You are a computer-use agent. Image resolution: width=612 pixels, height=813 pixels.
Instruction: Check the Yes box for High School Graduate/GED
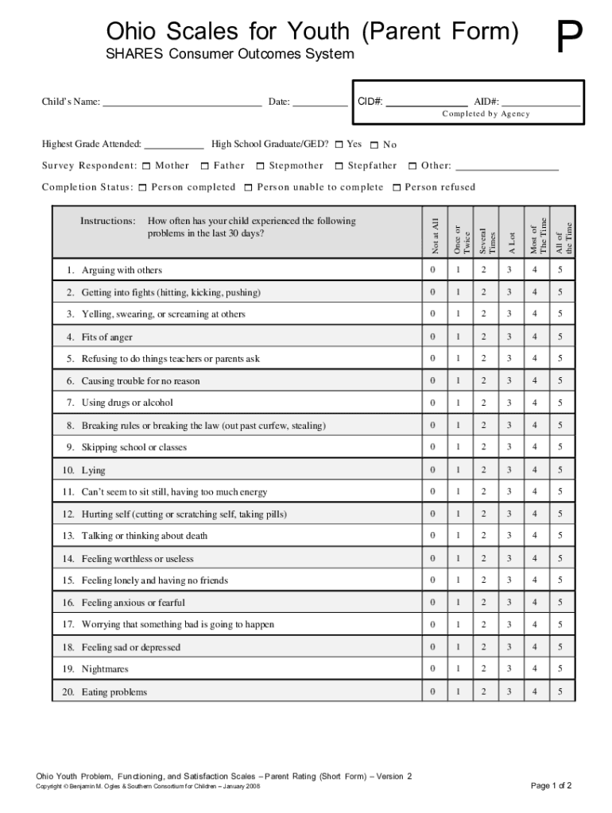339,144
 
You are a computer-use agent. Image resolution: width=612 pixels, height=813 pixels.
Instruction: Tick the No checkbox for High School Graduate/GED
375,145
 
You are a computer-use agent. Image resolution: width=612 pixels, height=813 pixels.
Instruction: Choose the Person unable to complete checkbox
248,188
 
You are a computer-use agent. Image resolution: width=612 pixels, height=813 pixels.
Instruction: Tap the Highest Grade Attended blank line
174,146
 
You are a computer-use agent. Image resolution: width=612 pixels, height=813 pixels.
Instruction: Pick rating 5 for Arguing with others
560,271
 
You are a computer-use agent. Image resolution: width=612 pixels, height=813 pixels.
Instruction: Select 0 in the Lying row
433,471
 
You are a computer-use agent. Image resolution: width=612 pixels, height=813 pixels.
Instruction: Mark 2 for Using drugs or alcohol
483,403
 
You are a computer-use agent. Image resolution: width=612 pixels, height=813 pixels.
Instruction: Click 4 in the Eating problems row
535,692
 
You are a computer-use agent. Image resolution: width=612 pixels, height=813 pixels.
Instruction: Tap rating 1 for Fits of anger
458,337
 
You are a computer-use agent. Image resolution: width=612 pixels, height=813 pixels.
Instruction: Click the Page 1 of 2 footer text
551,786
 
